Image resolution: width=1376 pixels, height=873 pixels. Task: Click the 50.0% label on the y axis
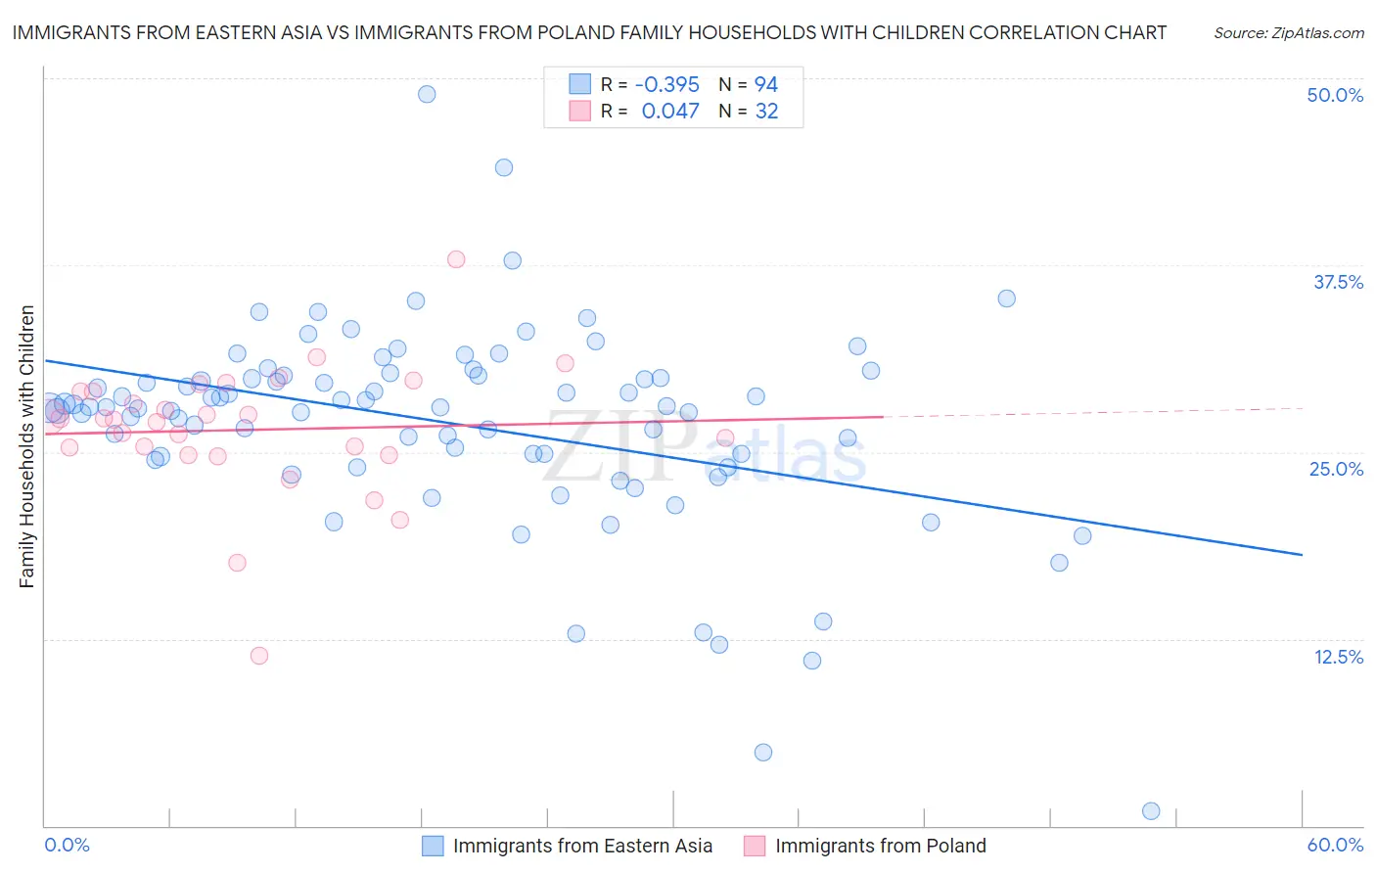[1335, 95]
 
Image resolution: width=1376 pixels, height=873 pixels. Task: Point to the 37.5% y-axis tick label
[1338, 282]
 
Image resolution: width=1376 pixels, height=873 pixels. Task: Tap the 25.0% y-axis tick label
[1336, 469]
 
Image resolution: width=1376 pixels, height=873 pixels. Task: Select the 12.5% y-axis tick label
[1338, 657]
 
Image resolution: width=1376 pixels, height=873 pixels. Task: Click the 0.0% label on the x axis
[67, 845]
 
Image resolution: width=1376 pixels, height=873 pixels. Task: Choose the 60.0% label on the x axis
[1335, 845]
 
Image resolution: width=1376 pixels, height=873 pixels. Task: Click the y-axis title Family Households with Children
[26, 446]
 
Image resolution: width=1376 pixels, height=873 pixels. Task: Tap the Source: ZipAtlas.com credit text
[1288, 32]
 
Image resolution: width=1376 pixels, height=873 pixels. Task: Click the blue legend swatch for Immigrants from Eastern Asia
[433, 846]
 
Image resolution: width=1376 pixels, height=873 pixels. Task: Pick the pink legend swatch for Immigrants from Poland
[755, 846]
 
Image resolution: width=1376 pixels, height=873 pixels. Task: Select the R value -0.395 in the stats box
[666, 84]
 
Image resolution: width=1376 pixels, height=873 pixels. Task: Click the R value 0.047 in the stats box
[670, 111]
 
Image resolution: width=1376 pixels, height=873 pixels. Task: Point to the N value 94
[765, 84]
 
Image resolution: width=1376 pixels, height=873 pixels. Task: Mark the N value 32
[766, 111]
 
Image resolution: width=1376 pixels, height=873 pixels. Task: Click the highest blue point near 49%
[427, 94]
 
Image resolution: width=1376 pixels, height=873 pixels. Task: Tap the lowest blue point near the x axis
[1151, 810]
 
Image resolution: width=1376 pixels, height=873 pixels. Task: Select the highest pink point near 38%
[456, 259]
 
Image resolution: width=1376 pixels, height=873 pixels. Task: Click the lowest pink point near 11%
[259, 656]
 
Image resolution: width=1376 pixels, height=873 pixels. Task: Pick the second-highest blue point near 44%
[504, 167]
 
